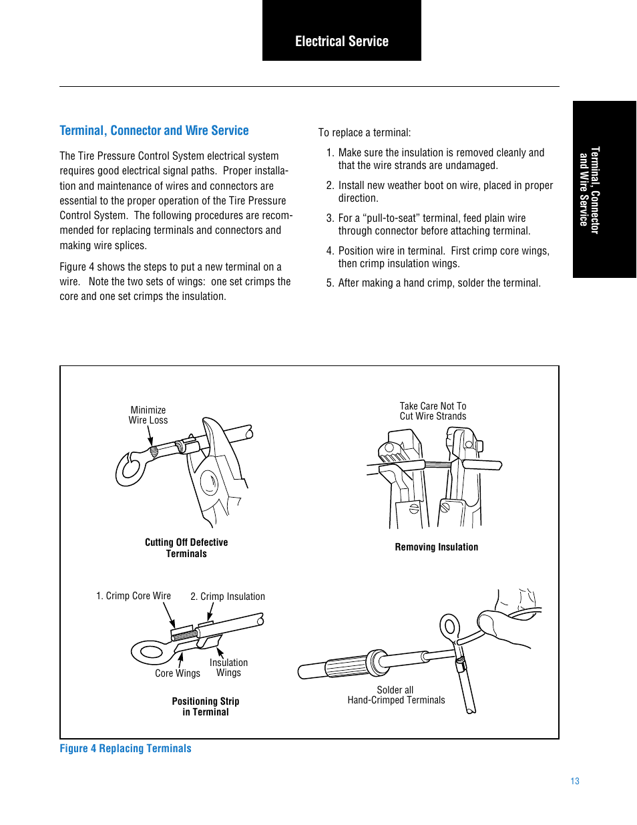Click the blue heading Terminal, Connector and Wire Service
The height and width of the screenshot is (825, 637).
(154, 131)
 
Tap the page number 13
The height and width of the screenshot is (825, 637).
(575, 781)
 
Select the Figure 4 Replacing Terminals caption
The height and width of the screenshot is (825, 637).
(126, 749)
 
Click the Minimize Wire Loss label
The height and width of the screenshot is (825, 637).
(148, 416)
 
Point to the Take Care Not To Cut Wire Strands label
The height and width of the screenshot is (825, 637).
(433, 411)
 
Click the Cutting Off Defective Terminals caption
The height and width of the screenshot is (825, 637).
(186, 548)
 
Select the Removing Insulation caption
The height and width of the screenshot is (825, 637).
(436, 547)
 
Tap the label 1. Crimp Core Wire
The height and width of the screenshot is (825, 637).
(134, 596)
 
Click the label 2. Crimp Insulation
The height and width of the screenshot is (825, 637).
(228, 597)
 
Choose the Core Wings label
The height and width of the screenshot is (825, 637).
(178, 673)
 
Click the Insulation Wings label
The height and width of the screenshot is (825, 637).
(228, 667)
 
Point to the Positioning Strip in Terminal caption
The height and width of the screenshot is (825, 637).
(206, 707)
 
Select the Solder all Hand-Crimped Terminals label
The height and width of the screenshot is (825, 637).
(396, 695)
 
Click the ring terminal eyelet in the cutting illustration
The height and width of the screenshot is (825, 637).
(131, 469)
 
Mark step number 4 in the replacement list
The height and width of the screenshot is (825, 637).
(330, 251)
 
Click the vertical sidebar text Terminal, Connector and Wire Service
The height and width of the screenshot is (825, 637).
(589, 190)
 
